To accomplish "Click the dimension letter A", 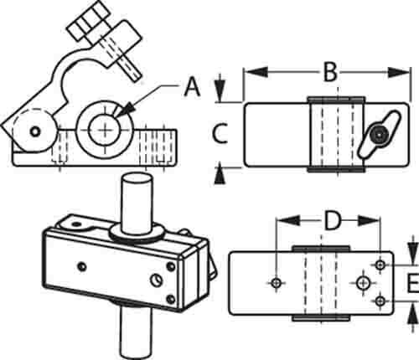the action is (193, 88).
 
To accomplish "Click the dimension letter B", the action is (330, 73).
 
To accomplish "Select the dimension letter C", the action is (220, 133).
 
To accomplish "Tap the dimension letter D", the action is (333, 221).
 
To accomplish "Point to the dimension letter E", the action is (413, 283).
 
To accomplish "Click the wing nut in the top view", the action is (380, 135).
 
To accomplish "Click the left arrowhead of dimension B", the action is (256, 72).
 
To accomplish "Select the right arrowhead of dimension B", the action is (399, 73).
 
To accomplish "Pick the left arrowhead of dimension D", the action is (288, 221).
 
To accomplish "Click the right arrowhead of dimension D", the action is (369, 221).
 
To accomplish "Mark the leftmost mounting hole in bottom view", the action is (277, 283).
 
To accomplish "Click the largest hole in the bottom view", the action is (363, 283).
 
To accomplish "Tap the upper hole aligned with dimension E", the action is (380, 265).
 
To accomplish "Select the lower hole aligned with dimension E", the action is (380, 301).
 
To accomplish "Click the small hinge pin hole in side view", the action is (34, 131).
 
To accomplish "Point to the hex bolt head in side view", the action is (88, 22).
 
